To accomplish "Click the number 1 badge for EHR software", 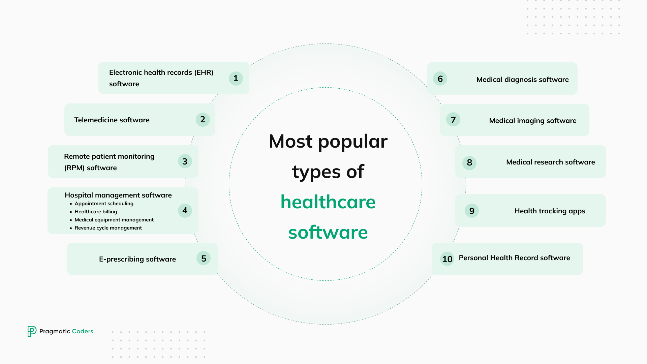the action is pos(236,79).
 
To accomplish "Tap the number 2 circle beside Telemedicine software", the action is pos(203,120).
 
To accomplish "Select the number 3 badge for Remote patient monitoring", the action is pos(185,161).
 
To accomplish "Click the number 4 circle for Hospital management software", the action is pos(185,211).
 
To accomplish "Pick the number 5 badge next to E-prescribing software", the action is pos(204,259).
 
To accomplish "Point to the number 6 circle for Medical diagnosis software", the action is pos(440,79).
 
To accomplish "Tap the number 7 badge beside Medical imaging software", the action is pos(453,120).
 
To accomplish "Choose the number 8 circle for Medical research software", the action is pos(469,163).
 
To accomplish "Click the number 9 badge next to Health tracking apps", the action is pos(472,211).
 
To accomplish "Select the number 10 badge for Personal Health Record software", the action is pos(447,259).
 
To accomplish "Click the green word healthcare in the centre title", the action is pos(328,202).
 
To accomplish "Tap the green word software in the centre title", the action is pos(328,233).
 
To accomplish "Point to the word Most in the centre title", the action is pos(291,141).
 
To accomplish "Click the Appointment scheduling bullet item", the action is pos(104,204).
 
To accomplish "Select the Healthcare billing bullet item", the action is pos(96,212).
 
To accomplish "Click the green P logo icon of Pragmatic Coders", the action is pos(32,331).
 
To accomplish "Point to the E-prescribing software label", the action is pos(137,259).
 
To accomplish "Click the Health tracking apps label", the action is pos(550,211).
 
